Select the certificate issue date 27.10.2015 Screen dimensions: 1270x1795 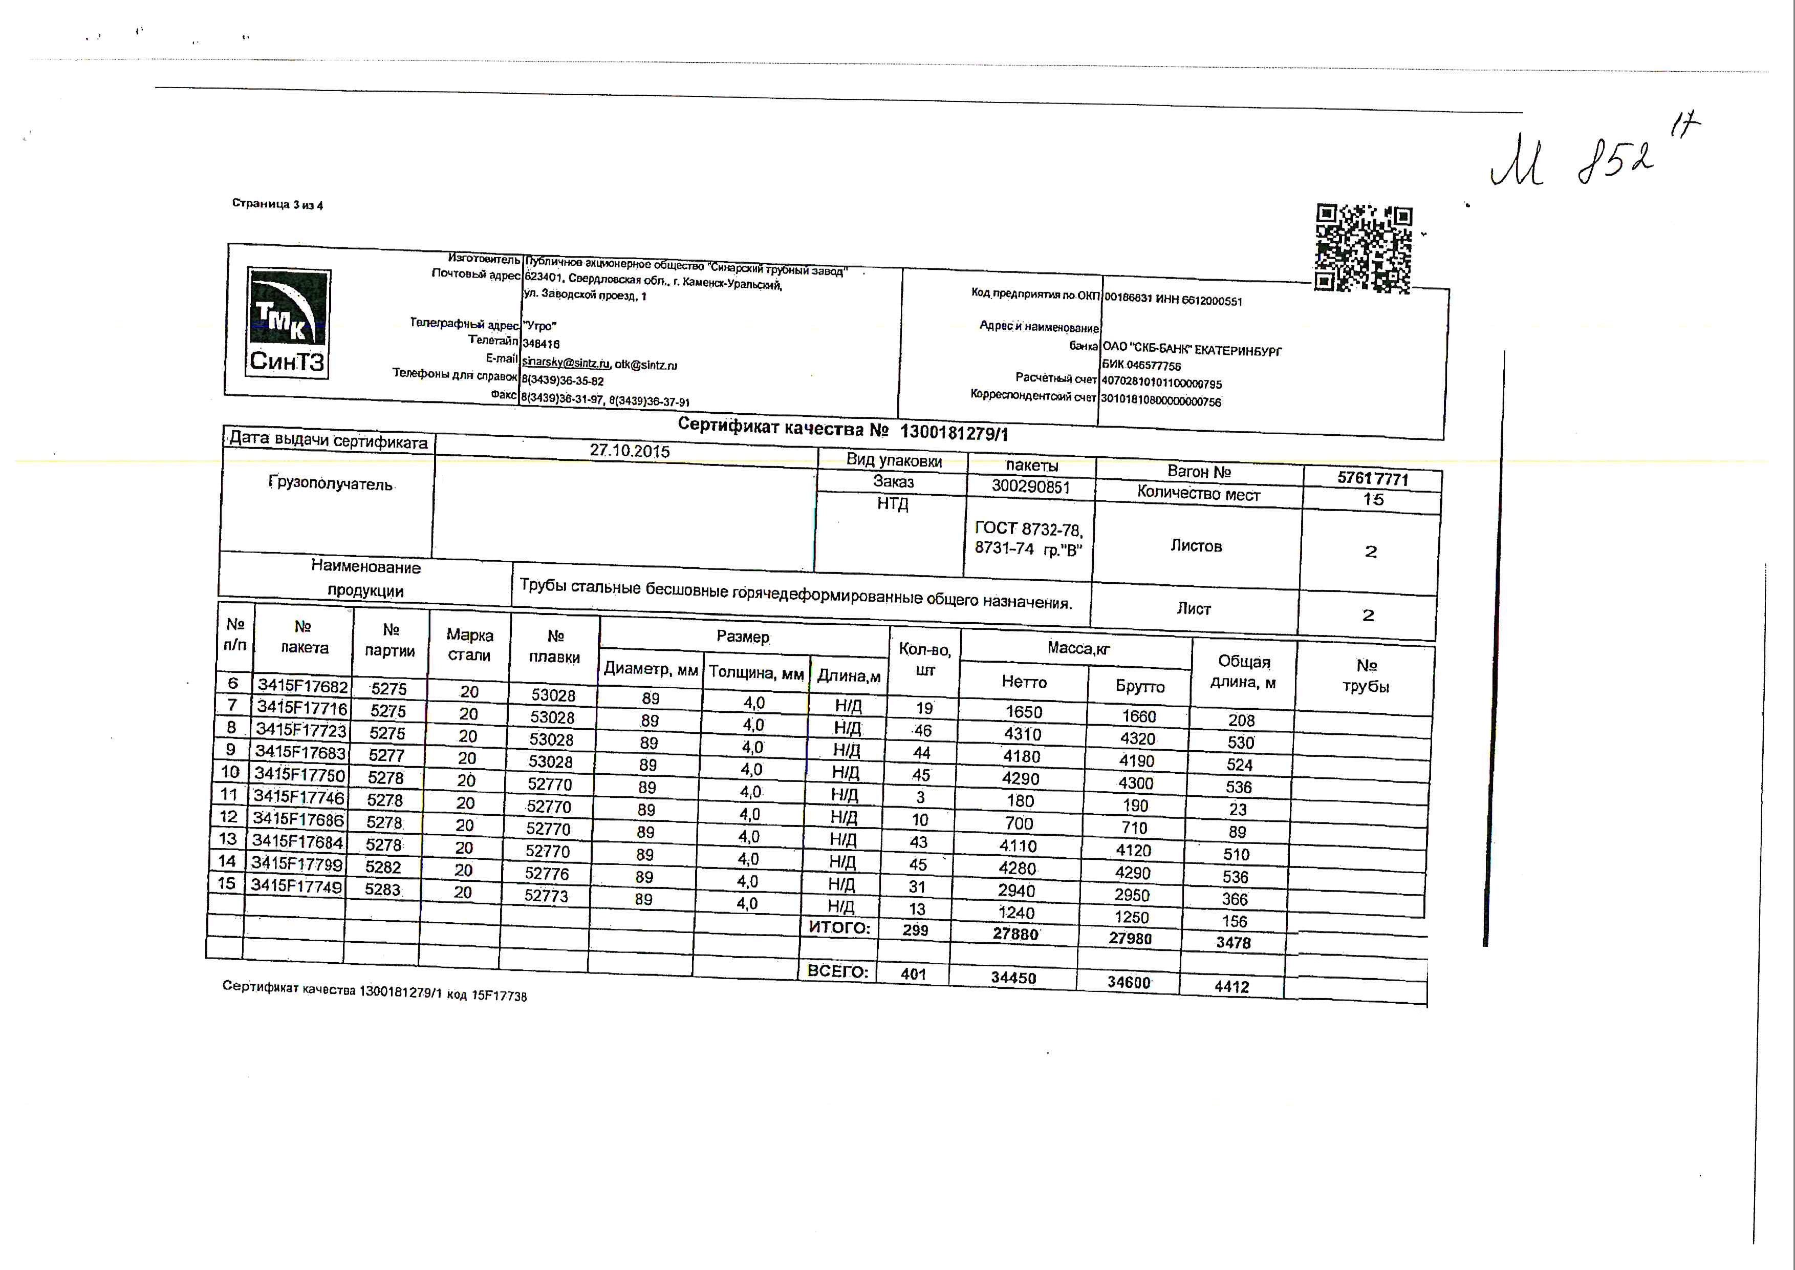click(x=630, y=451)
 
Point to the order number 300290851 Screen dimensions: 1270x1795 click(x=1030, y=486)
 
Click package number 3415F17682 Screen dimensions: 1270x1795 click(x=302, y=686)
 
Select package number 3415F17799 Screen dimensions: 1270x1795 click(x=297, y=863)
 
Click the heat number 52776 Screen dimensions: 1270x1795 click(x=547, y=874)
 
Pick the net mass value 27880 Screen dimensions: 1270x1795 click(x=1015, y=934)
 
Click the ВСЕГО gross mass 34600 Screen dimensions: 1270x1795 click(x=1129, y=982)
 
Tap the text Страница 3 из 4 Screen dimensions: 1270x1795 click(x=277, y=204)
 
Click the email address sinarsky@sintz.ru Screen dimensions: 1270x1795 click(x=565, y=363)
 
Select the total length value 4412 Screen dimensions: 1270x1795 click(x=1231, y=987)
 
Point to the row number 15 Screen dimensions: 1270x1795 click(x=227, y=884)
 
